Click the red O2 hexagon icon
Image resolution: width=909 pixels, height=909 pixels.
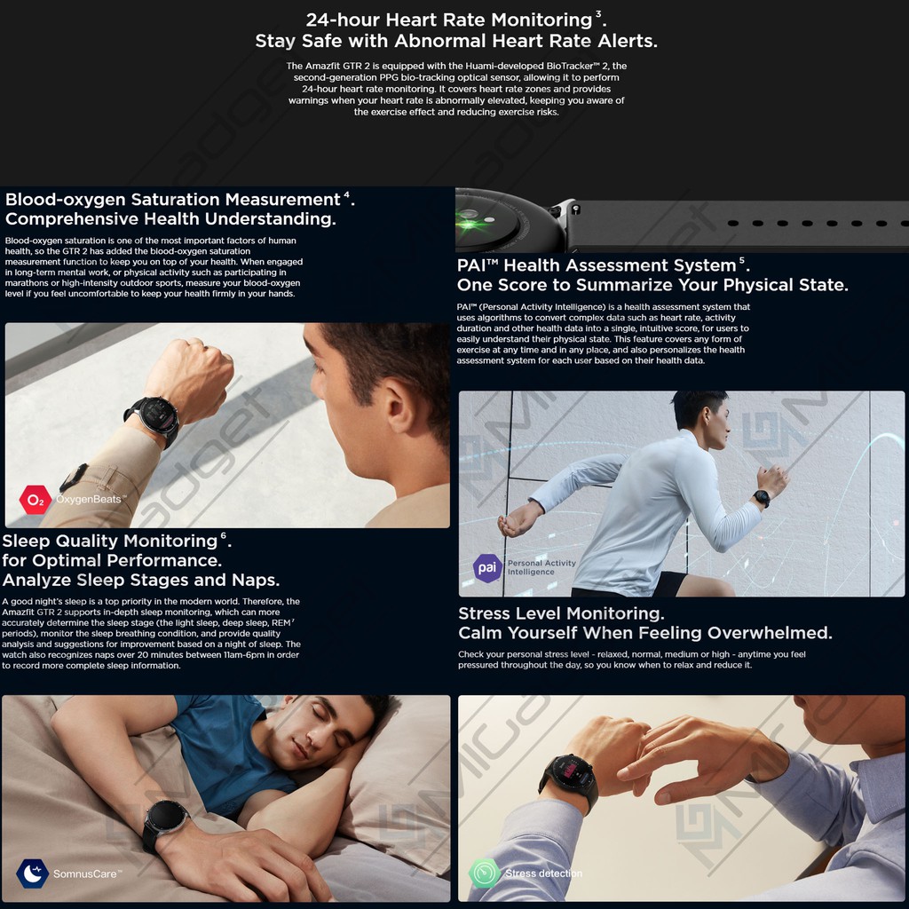(x=36, y=499)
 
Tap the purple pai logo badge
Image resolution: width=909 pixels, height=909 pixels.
(x=487, y=567)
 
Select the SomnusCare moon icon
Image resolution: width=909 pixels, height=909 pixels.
(x=33, y=873)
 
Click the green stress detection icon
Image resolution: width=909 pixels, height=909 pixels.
(x=485, y=873)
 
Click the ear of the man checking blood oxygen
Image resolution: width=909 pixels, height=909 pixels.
(x=400, y=406)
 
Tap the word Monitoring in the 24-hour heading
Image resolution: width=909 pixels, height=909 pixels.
(x=541, y=20)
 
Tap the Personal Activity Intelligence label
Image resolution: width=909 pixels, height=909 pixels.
(x=541, y=567)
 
